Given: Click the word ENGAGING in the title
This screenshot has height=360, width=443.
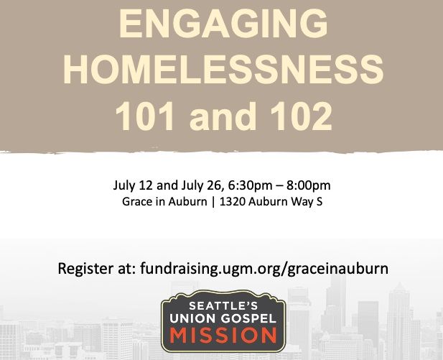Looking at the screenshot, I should point(221,24).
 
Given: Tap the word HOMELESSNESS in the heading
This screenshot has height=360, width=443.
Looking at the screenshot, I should point(221,70).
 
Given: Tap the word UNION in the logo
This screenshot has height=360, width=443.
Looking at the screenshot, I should point(192,318).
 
